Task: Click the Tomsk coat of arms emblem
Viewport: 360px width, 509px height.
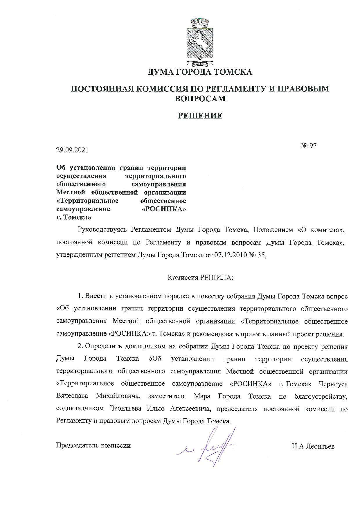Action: tap(200, 41)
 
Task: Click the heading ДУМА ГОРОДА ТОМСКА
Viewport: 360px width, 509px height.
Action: tap(200, 72)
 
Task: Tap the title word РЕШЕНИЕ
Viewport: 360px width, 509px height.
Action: tap(200, 116)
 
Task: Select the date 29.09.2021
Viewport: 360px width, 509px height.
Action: tap(72, 150)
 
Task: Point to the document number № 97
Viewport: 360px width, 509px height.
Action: tap(308, 146)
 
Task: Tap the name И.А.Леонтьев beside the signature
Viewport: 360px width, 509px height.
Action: tap(313, 446)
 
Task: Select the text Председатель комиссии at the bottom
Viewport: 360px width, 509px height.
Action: tap(93, 445)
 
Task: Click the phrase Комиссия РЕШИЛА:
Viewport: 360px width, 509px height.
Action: tap(201, 278)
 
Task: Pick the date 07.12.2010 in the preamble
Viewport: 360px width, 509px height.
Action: tap(229, 255)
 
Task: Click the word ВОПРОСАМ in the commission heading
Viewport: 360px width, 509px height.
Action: tap(200, 99)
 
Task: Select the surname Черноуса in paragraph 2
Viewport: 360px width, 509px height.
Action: tap(333, 384)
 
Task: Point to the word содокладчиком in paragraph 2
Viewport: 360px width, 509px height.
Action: tap(80, 408)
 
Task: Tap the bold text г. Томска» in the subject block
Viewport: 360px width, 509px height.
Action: tap(74, 217)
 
